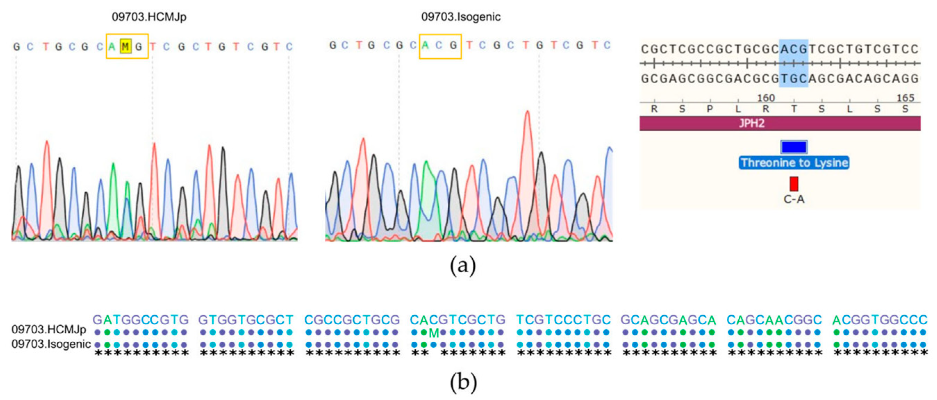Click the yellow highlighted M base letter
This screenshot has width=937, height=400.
pos(125,47)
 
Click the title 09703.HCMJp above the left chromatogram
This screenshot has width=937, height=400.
pos(149,17)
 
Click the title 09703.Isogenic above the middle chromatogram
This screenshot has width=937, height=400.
pos(461,17)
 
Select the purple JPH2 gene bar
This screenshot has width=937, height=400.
pos(780,123)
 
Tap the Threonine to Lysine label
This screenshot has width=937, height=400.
pos(794,162)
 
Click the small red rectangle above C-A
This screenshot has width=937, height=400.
pos(794,184)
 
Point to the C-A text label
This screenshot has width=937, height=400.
pos(794,199)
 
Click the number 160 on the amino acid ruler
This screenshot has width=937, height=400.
pos(766,98)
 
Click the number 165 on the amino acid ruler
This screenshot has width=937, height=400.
pos(905,98)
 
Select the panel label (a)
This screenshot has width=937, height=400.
pos(463,266)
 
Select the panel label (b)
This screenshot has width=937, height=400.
pos(463,382)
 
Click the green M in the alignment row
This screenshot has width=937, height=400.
pos(433,333)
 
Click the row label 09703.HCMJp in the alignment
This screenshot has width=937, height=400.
pos(49,330)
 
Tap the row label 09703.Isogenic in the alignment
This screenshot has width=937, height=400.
pos(51,344)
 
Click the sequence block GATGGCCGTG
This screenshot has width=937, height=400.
pos(141,320)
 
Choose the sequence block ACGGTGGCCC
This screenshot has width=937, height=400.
pos(880,320)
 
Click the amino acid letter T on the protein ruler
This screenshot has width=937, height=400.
pos(794,109)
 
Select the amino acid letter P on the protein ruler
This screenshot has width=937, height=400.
pos(710,109)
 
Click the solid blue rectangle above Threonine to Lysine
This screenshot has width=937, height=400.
pos(794,147)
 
